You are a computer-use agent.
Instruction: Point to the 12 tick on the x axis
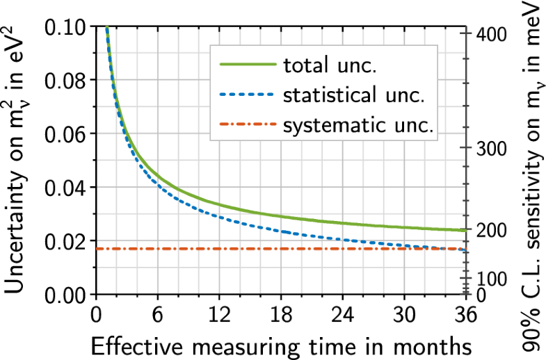pyautogui.click(x=219, y=315)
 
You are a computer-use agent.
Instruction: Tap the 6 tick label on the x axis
pyautogui.click(x=157, y=315)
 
